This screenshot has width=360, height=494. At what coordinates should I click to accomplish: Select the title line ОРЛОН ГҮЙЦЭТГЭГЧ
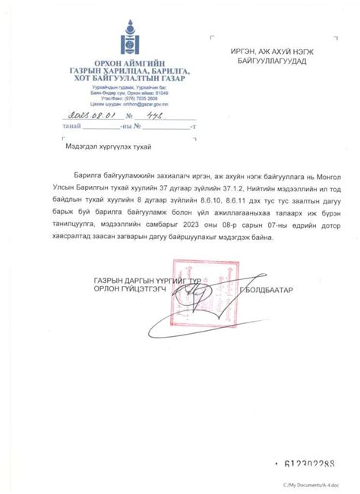tap(122, 290)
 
